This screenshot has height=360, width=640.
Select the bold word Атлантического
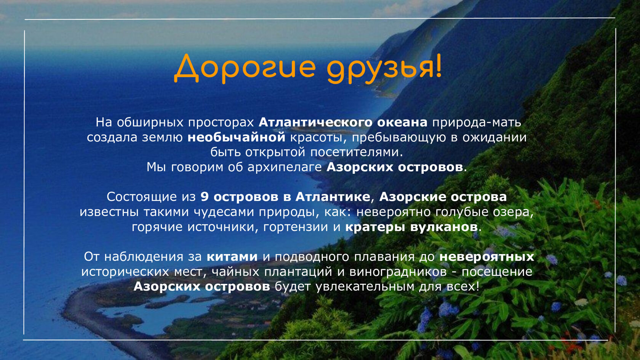315,122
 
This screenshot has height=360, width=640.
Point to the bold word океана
402,122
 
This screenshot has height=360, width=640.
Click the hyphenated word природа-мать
477,123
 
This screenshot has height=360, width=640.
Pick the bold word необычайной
236,138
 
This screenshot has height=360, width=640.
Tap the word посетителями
357,152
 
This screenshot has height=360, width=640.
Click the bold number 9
205,197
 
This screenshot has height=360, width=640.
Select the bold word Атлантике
333,197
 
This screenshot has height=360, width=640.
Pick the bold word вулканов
444,227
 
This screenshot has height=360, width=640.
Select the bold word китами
232,257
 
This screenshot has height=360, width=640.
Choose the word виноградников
398,272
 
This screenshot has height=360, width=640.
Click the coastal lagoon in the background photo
160,312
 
